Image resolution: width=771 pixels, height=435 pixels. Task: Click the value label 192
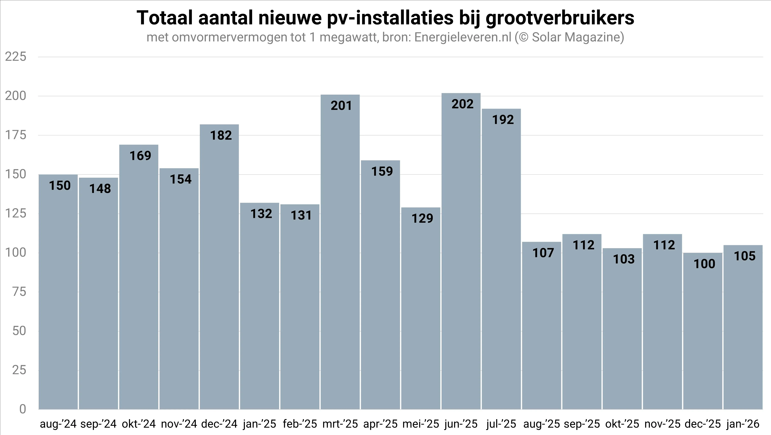click(x=503, y=120)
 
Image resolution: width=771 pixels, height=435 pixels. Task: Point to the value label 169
click(x=140, y=156)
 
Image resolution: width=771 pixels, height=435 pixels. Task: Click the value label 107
click(x=543, y=253)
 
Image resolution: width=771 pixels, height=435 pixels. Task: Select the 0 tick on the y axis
click(x=23, y=409)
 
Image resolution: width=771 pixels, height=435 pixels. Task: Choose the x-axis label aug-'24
click(x=58, y=424)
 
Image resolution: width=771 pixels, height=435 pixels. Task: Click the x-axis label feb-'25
click(x=300, y=424)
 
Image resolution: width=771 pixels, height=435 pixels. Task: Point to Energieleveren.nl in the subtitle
click(x=463, y=37)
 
